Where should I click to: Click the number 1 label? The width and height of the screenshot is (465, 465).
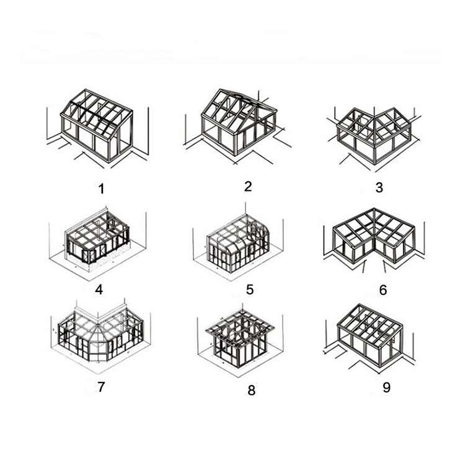pos(102,189)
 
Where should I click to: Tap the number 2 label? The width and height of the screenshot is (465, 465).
pos(248,186)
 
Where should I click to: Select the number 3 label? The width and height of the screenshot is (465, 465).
pos(379,187)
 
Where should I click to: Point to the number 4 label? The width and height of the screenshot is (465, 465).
pos(99,290)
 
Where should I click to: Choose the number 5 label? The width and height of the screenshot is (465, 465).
pos(250,290)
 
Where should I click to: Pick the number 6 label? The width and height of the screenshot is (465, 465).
pos(383,290)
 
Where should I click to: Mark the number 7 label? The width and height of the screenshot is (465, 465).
pos(101,387)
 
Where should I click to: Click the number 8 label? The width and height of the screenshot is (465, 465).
pos(252,390)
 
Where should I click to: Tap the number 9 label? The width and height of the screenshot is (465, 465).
pos(387,387)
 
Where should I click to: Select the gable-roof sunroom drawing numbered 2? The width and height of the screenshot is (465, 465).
pos(237,125)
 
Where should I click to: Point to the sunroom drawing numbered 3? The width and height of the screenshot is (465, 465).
pos(374,136)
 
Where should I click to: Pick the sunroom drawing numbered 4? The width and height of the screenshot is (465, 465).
pos(98,243)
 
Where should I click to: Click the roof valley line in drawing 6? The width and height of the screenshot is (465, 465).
pos(374,229)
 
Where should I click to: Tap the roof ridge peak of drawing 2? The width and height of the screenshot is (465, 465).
pos(220,89)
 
